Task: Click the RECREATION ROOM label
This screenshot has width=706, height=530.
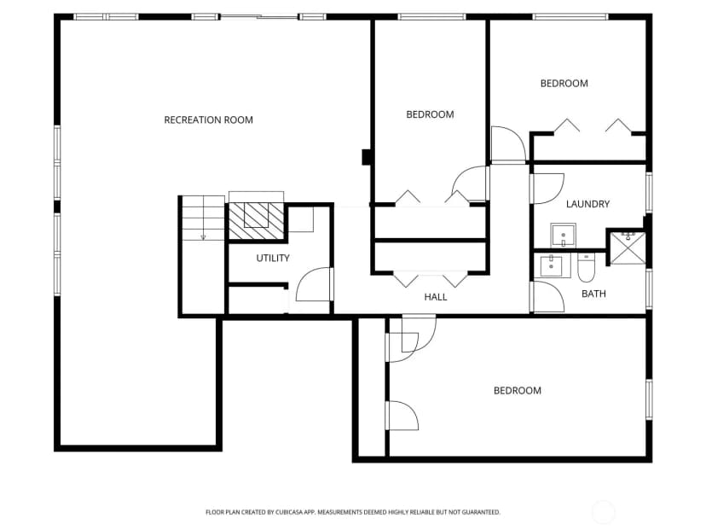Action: pyautogui.click(x=208, y=119)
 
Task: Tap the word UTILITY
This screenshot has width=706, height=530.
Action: pyautogui.click(x=273, y=259)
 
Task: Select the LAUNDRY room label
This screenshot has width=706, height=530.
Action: pyautogui.click(x=587, y=204)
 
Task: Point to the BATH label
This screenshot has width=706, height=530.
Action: pyautogui.click(x=593, y=294)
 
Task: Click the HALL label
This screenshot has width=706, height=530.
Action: pyautogui.click(x=436, y=297)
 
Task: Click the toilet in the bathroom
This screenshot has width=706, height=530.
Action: pyautogui.click(x=587, y=267)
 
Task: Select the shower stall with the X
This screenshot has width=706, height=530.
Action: pyautogui.click(x=628, y=248)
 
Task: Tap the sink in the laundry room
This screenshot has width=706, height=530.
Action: pyautogui.click(x=563, y=236)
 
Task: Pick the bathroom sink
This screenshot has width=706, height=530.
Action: pyautogui.click(x=552, y=266)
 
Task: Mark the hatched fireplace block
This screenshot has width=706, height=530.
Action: pyautogui.click(x=256, y=221)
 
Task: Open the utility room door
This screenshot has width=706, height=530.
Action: pyautogui.click(x=315, y=284)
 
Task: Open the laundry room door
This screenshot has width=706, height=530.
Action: pyautogui.click(x=547, y=189)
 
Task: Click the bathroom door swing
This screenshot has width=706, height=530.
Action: pyautogui.click(x=547, y=296)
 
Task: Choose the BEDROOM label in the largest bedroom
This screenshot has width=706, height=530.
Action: pyautogui.click(x=518, y=391)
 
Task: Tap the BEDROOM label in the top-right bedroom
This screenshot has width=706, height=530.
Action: pyautogui.click(x=564, y=84)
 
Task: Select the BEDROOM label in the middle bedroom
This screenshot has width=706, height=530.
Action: pyautogui.click(x=430, y=114)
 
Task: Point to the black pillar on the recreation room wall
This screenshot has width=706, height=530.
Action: pyautogui.click(x=367, y=157)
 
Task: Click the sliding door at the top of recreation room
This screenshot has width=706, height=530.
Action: pyautogui.click(x=259, y=17)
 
